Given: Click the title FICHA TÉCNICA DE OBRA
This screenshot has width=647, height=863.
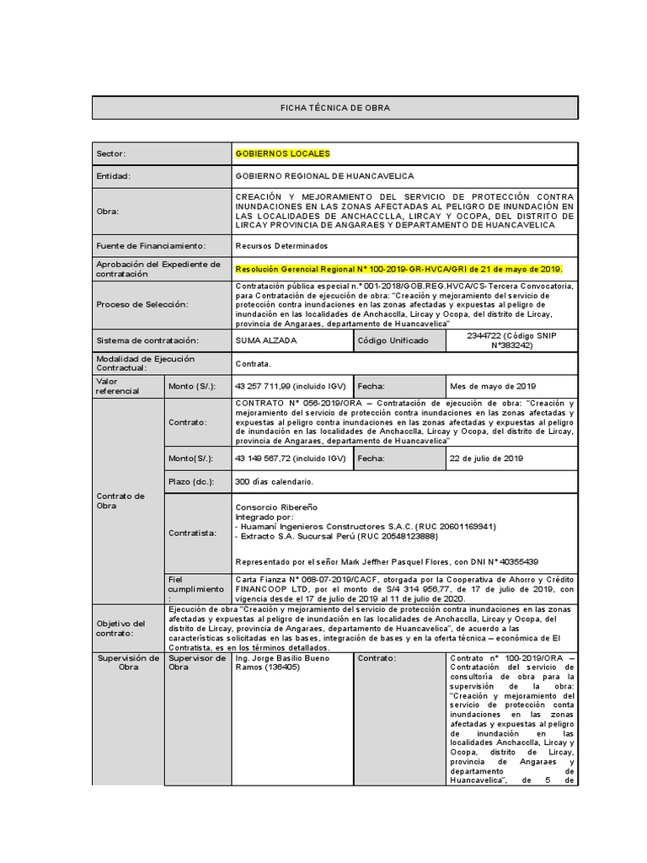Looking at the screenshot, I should [x=334, y=108].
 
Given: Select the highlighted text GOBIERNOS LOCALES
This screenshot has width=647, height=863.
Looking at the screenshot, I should [x=283, y=153].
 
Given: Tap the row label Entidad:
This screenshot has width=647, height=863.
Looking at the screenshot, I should [x=114, y=176].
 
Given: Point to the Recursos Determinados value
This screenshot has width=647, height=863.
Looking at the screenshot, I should [x=281, y=245].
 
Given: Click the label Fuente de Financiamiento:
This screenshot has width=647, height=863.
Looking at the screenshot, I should [x=151, y=245].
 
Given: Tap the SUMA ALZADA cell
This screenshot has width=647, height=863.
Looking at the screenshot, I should [x=265, y=340].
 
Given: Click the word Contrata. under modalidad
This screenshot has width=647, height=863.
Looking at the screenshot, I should [x=254, y=363].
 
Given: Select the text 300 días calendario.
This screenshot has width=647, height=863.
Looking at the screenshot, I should [x=275, y=481].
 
